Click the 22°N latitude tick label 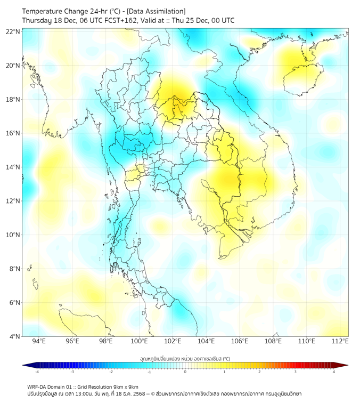(x=13, y=31)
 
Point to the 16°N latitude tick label (x=13, y=133)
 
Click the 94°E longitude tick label (x=39, y=341)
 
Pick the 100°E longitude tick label (x=139, y=341)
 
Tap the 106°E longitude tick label (x=240, y=341)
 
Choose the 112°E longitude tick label (x=340, y=341)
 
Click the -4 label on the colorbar (x=36, y=372)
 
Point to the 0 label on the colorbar (x=185, y=372)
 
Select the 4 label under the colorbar (x=334, y=372)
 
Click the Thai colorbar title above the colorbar (x=185, y=358)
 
